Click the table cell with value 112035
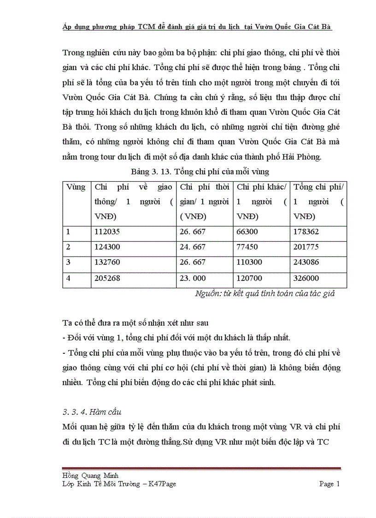108,232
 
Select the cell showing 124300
108,248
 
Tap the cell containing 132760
108,263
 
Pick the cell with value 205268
108,279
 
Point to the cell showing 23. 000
193,279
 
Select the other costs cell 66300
249,232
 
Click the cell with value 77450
249,248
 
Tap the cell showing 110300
252,263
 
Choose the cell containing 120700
252,279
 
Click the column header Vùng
76,187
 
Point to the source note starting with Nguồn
264,293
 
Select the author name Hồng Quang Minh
90,476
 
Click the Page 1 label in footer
329,484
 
